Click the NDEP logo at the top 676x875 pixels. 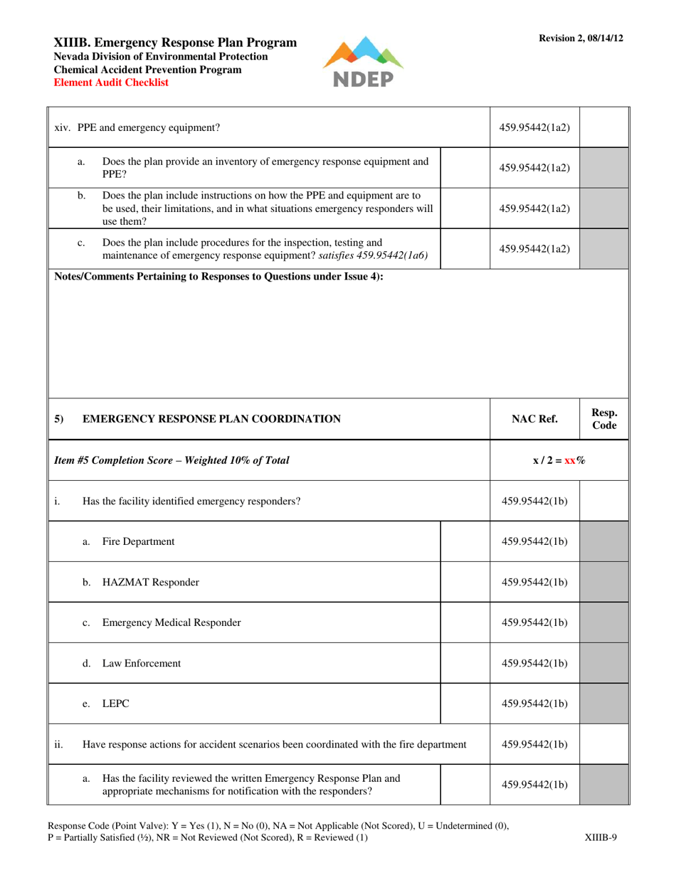[363, 63]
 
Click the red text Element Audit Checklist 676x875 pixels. [112, 83]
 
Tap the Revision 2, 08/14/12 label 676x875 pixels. [581, 38]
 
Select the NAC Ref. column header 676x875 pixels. [534, 419]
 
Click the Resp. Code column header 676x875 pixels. [604, 419]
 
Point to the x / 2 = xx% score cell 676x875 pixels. [559, 460]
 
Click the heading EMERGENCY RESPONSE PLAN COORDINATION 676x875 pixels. [212, 419]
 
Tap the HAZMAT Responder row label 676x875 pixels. [151, 582]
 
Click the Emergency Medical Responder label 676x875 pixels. [171, 622]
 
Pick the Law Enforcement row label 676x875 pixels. [142, 663]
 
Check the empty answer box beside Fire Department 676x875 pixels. [465, 541]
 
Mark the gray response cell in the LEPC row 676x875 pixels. [605, 704]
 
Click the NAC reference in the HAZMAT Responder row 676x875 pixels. [534, 582]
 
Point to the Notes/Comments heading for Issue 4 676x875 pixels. [219, 277]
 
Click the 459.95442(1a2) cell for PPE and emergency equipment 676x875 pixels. [534, 128]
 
